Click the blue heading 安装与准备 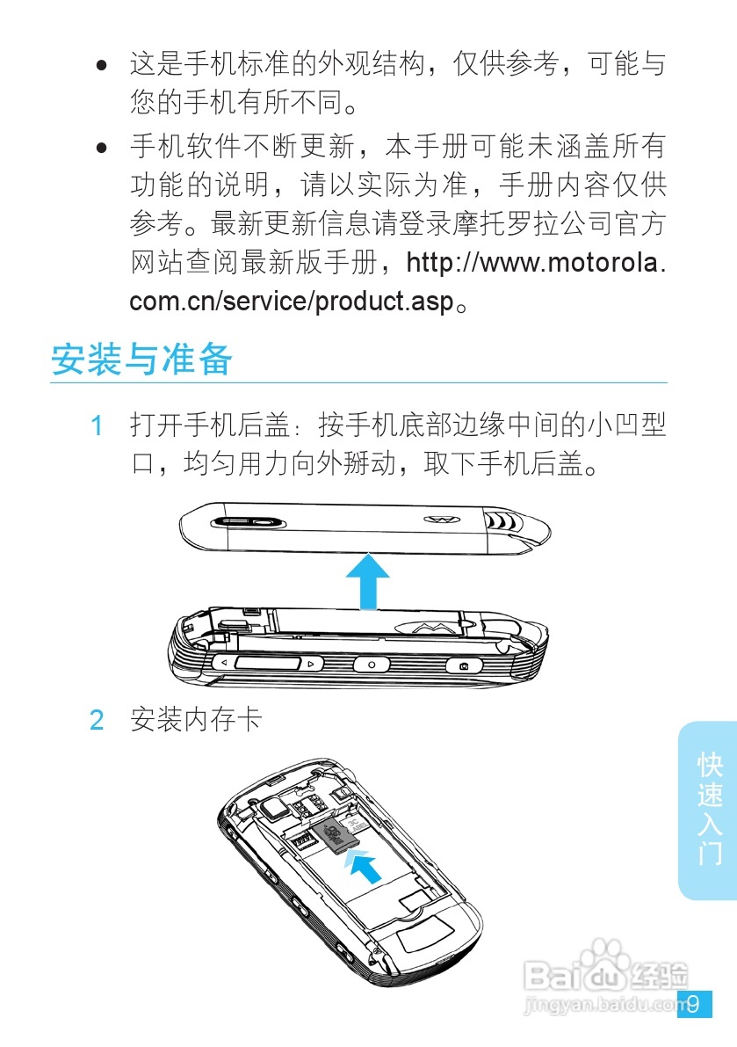[x=141, y=360]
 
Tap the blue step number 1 [x=98, y=426]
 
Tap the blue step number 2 [x=98, y=721]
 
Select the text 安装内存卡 [x=195, y=721]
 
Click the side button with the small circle [x=371, y=665]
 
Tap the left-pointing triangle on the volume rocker [x=224, y=662]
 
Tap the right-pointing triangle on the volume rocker [x=311, y=663]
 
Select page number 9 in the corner [x=694, y=1004]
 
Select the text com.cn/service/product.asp [x=292, y=302]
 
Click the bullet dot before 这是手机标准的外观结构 [x=103, y=66]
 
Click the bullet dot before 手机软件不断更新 [x=103, y=146]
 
